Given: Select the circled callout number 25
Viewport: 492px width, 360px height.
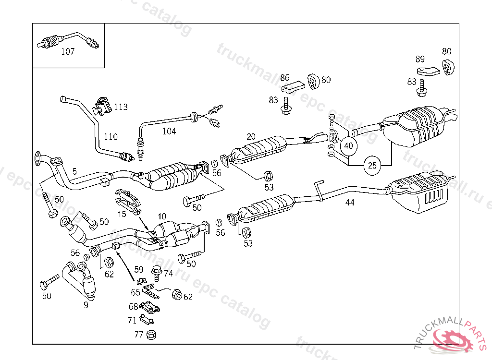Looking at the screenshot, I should pyautogui.click(x=372, y=166).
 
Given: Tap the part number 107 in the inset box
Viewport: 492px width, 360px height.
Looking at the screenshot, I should pyautogui.click(x=68, y=52).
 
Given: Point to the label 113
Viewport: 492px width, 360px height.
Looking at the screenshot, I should pyautogui.click(x=121, y=107).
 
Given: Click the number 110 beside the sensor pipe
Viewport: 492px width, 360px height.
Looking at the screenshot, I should pyautogui.click(x=111, y=137).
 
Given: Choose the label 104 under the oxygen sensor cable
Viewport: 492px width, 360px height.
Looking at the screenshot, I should pyautogui.click(x=169, y=131).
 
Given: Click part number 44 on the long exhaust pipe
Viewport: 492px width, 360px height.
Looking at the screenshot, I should pyautogui.click(x=350, y=203).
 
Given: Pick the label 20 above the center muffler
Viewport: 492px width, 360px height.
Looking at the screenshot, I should pyautogui.click(x=252, y=136).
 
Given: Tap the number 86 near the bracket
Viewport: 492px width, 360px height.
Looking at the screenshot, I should pyautogui.click(x=285, y=77).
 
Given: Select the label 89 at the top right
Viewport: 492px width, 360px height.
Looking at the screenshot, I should pyautogui.click(x=420, y=59).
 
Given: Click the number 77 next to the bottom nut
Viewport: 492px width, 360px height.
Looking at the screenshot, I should pyautogui.click(x=139, y=335).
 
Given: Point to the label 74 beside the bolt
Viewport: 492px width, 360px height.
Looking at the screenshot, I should pyautogui.click(x=168, y=273).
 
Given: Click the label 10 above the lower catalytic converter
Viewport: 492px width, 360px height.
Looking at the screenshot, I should pyautogui.click(x=161, y=217).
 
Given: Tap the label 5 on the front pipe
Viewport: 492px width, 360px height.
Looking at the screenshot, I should pyautogui.click(x=74, y=170).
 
